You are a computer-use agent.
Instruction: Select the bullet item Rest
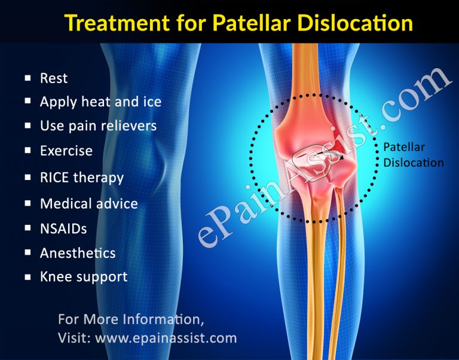coord(54,78)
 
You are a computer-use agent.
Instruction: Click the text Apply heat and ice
coord(100,102)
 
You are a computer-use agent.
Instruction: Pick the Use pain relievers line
coord(98,126)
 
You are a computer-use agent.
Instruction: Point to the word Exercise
coord(66,151)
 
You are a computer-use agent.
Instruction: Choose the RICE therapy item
coord(82,178)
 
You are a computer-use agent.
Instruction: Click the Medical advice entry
coord(89,203)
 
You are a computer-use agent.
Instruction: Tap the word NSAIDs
coord(63,228)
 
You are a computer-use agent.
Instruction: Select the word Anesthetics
coord(78,253)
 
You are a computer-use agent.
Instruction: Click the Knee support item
coord(84,277)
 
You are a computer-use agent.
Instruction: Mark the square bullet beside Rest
coord(27,78)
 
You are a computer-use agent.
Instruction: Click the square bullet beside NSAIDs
coord(27,228)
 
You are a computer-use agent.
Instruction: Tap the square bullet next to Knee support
coord(27,277)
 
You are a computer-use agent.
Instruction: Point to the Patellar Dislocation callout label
coord(413,154)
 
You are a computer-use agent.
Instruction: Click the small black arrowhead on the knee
coord(341,159)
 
